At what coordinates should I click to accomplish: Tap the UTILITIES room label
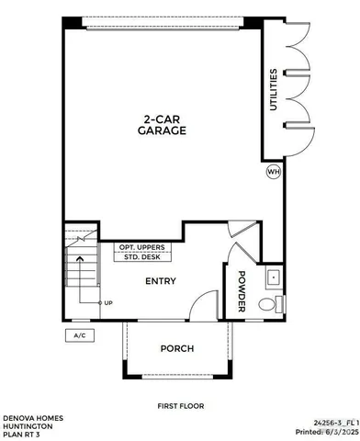273,90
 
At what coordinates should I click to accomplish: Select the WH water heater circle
273,172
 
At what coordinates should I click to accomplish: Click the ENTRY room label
160,281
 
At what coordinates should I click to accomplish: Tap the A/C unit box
79,335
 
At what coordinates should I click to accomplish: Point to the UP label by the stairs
108,303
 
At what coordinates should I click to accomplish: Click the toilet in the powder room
267,304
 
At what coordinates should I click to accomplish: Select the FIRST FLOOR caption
181,405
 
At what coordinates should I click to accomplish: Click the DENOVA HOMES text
30,416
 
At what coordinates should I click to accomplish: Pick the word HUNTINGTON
28,424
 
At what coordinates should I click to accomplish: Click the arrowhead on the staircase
80,259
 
